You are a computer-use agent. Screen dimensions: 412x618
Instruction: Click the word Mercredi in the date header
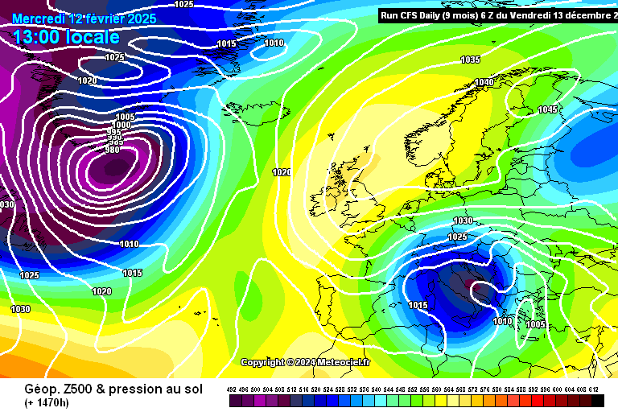pyautogui.click(x=39, y=18)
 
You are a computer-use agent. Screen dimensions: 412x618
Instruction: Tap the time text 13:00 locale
pyautogui.click(x=66, y=37)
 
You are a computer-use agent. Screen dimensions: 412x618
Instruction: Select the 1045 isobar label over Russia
pyautogui.click(x=547, y=109)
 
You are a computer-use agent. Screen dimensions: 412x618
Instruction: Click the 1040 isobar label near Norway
pyautogui.click(x=484, y=83)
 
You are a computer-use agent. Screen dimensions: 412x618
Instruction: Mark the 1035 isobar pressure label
pyautogui.click(x=471, y=60)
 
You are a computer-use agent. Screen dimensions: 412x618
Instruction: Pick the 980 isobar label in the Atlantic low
pyautogui.click(x=113, y=150)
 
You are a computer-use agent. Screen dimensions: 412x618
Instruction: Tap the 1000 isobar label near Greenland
pyautogui.click(x=122, y=125)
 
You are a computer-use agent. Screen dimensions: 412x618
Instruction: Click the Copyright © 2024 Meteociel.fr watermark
pyautogui.click(x=305, y=362)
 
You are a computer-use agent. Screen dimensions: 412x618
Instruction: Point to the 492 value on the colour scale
pyautogui.click(x=233, y=389)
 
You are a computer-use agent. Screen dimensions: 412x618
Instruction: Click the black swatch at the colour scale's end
pyautogui.click(x=598, y=400)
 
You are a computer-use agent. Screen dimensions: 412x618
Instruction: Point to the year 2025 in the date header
pyautogui.click(x=140, y=18)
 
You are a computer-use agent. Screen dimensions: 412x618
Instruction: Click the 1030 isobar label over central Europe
pyautogui.click(x=463, y=220)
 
